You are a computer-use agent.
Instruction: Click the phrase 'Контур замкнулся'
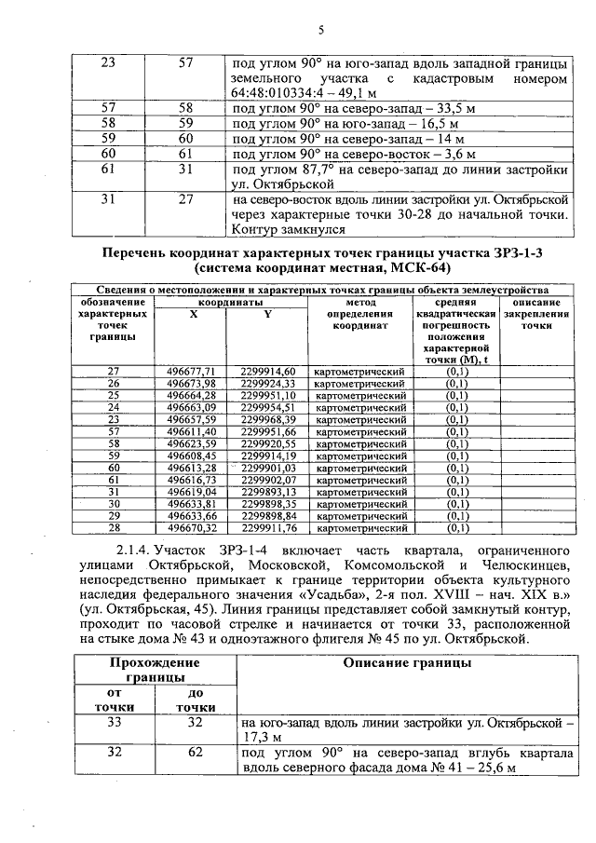[288, 228]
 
